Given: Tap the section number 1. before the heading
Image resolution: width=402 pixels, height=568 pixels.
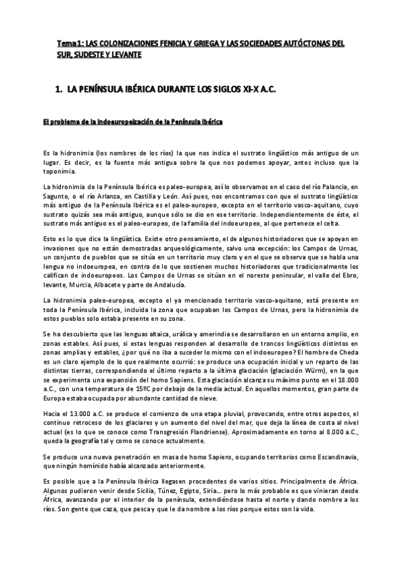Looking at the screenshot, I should coord(58,88).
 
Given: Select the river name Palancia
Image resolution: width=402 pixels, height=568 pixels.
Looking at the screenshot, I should coord(334,185).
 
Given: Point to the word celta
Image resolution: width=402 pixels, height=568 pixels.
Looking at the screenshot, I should coord(331,224).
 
